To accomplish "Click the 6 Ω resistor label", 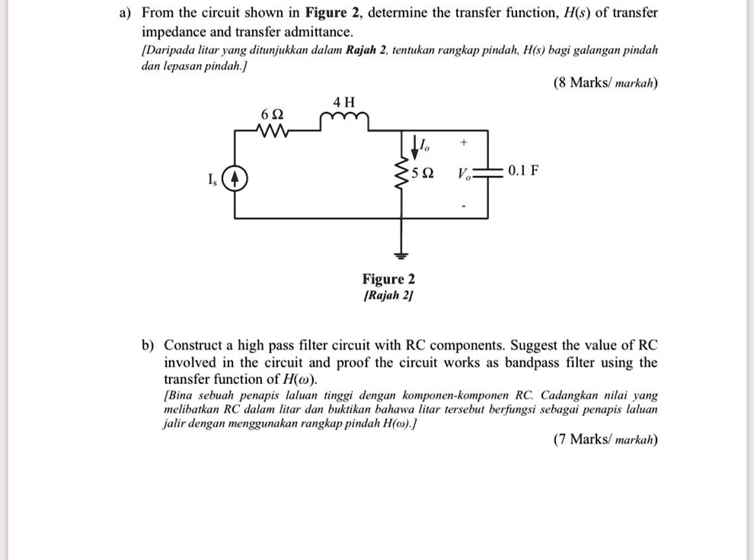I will click(272, 114).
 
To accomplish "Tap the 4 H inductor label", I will click(344, 102).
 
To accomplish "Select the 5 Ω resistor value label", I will click(423, 172).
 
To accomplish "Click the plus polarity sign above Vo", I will click(462, 142).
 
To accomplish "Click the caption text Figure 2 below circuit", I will click(388, 280).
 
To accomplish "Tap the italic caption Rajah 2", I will click(388, 296).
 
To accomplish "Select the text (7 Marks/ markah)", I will click(605, 440).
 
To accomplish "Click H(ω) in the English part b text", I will click(299, 379).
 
